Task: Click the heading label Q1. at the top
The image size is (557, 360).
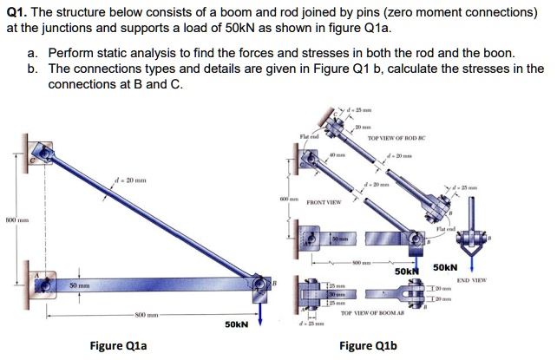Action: (18, 12)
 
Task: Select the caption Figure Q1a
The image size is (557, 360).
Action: (123, 345)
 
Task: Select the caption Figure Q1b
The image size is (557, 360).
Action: (367, 345)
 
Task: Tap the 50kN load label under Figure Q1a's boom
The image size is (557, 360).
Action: (236, 324)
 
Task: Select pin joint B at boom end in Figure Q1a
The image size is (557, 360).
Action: (259, 285)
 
